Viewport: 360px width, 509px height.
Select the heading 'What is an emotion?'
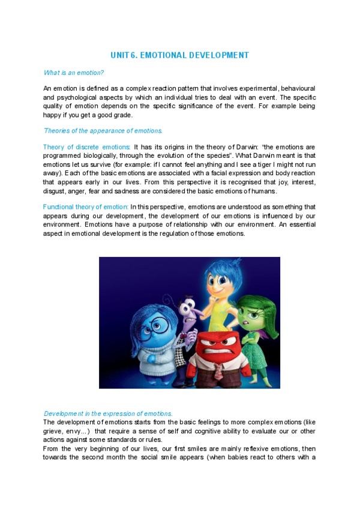point(74,73)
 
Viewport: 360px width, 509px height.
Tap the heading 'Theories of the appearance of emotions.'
point(103,131)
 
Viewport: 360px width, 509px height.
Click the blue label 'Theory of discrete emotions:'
point(86,147)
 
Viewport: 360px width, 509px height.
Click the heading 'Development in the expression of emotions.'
point(109,414)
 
